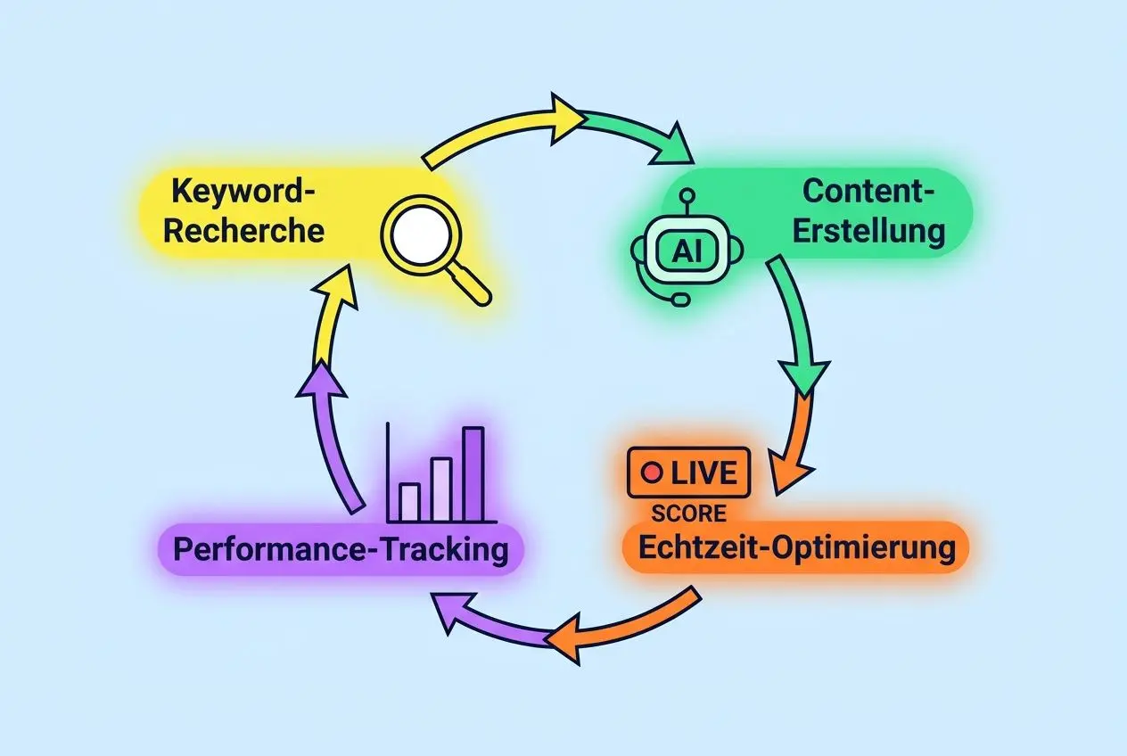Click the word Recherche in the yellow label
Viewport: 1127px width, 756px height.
point(244,231)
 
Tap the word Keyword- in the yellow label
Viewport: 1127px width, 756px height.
point(244,192)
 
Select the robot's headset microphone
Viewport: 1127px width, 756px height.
point(680,299)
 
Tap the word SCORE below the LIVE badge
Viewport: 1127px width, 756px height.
point(688,514)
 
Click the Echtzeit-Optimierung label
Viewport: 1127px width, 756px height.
point(794,547)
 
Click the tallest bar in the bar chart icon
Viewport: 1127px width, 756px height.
point(473,473)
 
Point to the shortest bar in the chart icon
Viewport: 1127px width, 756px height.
point(409,501)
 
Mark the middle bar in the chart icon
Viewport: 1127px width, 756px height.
point(440,489)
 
